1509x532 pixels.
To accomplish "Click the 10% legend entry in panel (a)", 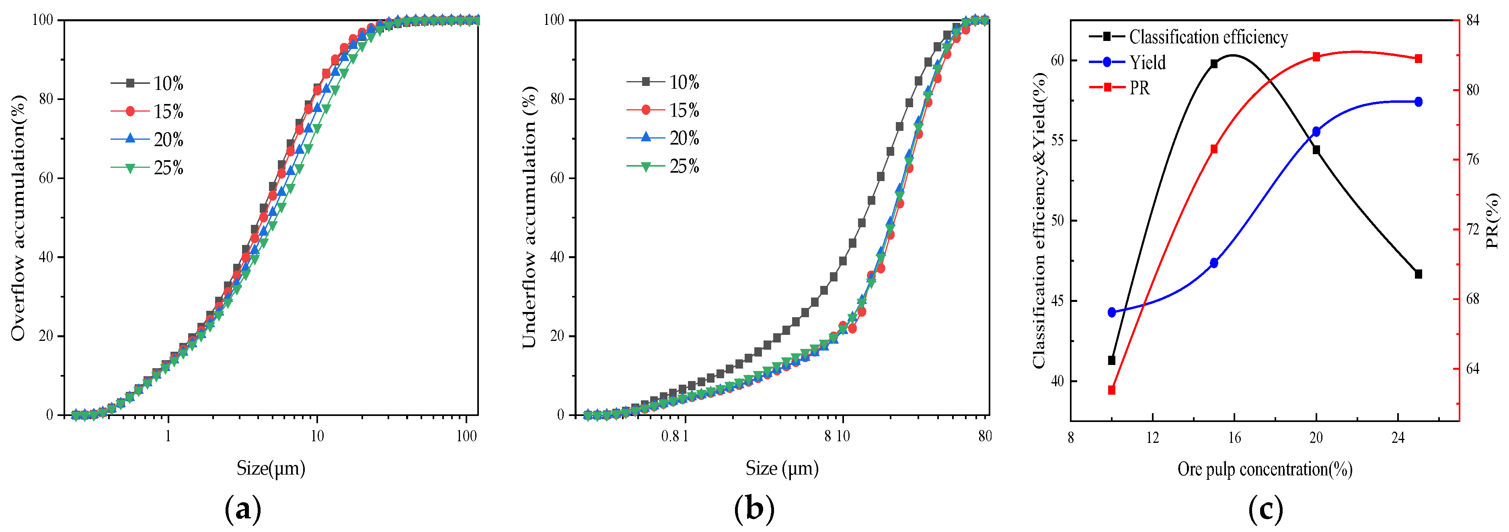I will tap(148, 84).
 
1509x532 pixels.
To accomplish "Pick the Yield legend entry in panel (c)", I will tap(1128, 62).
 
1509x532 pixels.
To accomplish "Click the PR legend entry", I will tap(1119, 88).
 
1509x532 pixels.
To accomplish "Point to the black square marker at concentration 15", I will tap(1214, 64).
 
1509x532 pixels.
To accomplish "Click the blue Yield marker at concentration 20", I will tap(1316, 132).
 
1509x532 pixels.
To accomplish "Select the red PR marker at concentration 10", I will tap(1112, 390).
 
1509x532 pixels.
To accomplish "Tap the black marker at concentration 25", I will tap(1418, 274).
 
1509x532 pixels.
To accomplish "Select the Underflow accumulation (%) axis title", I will tap(529, 218).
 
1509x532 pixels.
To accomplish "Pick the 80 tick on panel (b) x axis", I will tap(985, 436).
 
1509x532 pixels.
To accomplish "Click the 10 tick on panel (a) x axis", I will tap(317, 436).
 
